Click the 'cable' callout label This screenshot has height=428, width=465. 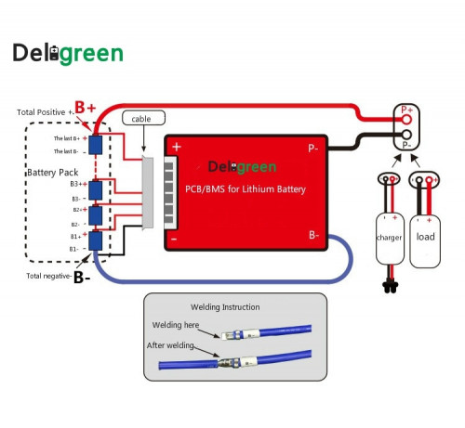[142, 118]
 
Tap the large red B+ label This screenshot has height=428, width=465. [86, 108]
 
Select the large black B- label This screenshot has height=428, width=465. [82, 277]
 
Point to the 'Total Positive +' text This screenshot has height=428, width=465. [45, 111]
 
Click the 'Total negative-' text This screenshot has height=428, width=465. [46, 276]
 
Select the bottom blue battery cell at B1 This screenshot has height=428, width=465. [95, 241]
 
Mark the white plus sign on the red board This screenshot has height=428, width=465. [177, 147]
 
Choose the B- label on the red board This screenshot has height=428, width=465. [314, 235]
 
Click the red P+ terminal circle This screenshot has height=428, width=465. [406, 120]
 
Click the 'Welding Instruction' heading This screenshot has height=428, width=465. [225, 306]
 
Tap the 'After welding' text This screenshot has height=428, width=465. [170, 345]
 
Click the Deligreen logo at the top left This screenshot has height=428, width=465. [67, 53]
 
